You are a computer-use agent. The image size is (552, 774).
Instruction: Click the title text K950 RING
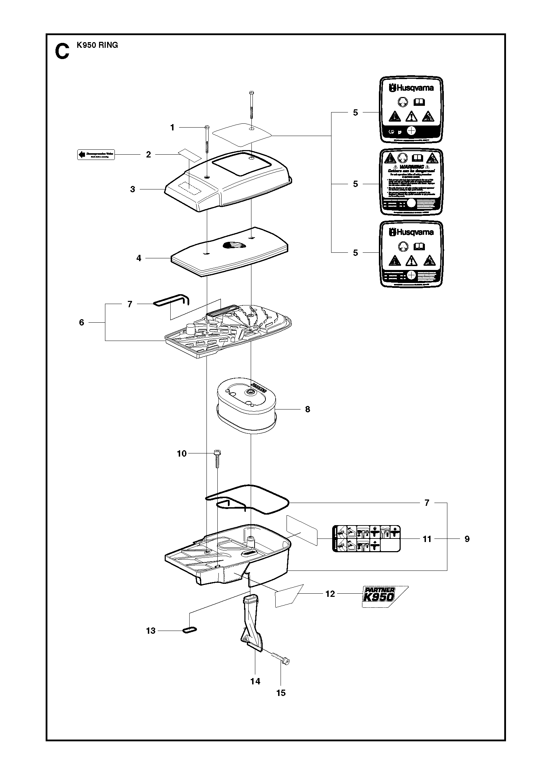point(97,45)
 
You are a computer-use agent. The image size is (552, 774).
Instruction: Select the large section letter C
point(62,52)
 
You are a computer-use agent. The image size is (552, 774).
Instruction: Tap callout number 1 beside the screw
point(172,127)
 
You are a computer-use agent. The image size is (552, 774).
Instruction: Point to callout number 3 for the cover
point(132,189)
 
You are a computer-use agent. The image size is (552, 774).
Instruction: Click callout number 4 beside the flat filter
point(139,258)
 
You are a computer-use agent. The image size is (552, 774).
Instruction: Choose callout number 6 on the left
point(81,322)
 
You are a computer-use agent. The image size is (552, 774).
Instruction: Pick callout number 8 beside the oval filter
point(308,409)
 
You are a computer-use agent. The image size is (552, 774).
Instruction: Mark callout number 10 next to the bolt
point(182,453)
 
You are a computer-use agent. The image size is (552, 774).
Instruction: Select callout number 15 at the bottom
point(281,693)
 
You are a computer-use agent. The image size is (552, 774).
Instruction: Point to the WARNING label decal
point(411,182)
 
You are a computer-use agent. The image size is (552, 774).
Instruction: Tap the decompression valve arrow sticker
point(96,154)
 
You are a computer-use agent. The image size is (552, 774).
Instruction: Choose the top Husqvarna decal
point(411,110)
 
